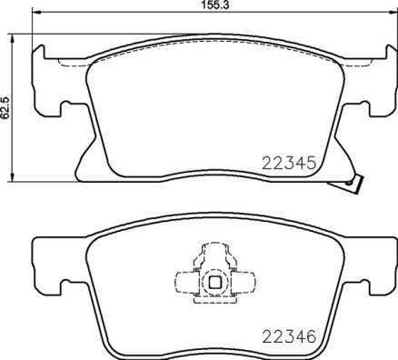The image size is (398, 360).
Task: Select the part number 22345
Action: click(288, 165)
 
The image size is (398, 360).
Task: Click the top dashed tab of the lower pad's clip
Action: click(214, 252)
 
